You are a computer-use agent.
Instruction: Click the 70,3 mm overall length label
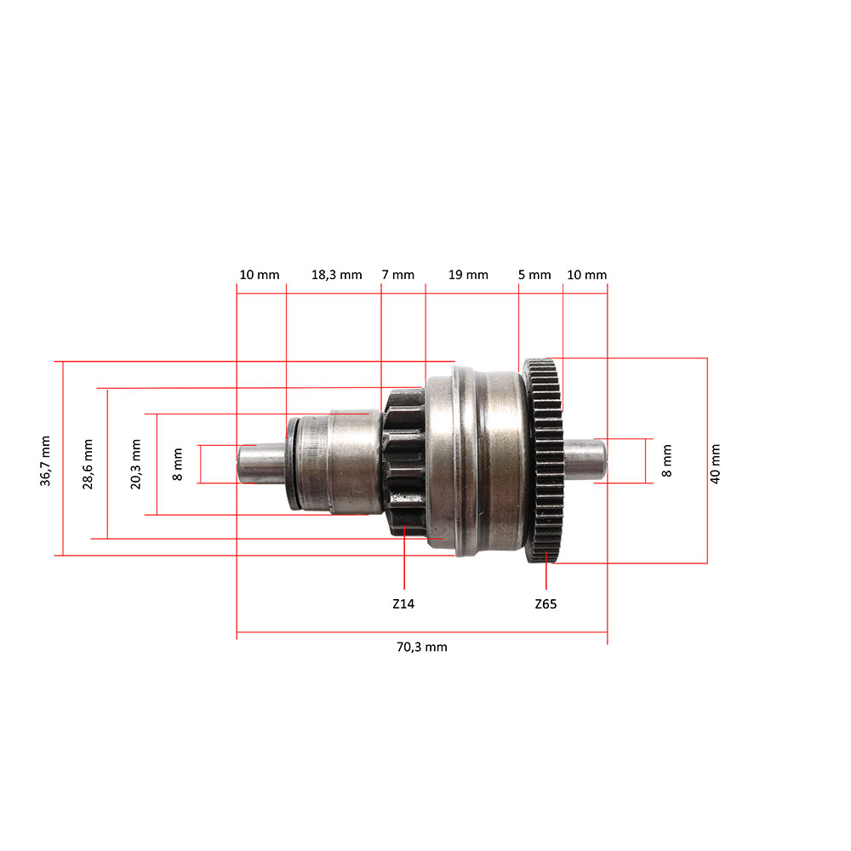421,647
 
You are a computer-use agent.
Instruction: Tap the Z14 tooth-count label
403,603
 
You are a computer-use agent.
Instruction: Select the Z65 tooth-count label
546,603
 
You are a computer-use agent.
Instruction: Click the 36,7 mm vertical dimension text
45,460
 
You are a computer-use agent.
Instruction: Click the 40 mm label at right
715,464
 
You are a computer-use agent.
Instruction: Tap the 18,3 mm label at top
336,275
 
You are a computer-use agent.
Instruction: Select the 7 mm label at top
398,275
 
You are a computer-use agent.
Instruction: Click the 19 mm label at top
468,275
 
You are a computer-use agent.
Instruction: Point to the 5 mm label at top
534,275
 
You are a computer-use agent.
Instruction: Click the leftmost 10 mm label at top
259,275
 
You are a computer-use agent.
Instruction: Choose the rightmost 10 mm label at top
586,275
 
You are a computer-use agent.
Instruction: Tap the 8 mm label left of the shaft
178,464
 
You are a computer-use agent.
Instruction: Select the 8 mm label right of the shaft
666,460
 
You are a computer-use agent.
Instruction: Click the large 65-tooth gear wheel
546,460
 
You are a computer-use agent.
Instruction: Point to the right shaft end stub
585,460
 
